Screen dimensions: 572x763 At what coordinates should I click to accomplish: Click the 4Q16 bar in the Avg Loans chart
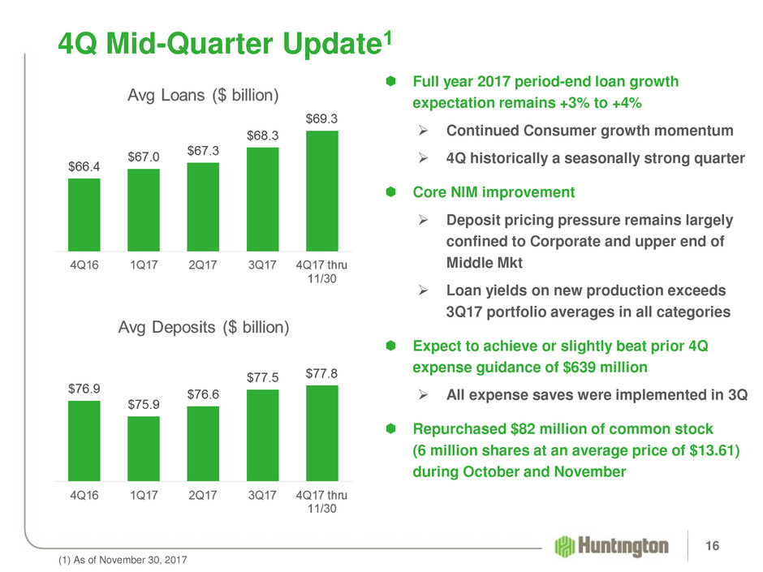(x=84, y=213)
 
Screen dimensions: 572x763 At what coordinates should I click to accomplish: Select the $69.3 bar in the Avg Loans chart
(x=321, y=190)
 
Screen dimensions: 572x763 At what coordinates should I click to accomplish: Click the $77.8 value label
(x=322, y=372)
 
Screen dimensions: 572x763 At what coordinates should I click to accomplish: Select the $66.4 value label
(x=84, y=166)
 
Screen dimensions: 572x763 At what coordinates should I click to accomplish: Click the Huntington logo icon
(x=566, y=545)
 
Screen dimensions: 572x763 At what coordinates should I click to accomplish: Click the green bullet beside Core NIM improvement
(x=390, y=193)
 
